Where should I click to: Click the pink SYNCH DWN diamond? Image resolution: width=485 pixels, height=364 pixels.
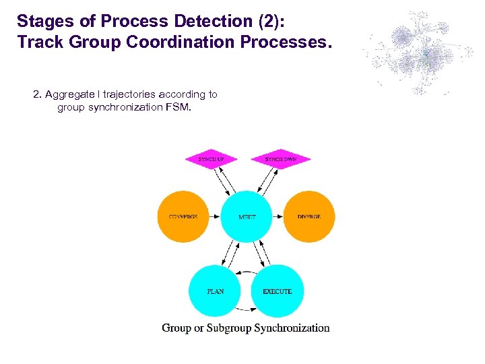[280, 160]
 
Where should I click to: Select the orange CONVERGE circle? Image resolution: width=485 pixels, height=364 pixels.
[183, 217]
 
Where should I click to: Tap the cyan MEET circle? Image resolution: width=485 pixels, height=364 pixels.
[247, 217]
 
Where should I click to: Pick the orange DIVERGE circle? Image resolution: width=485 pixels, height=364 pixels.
[309, 217]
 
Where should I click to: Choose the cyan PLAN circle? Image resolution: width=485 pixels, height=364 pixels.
[215, 291]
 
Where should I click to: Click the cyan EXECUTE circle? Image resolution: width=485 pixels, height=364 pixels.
[278, 291]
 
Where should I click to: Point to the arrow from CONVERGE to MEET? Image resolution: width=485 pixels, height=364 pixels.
[215, 217]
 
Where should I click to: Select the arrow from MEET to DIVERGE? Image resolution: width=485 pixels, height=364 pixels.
[278, 217]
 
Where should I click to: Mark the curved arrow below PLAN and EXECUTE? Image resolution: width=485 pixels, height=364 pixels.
[247, 311]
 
